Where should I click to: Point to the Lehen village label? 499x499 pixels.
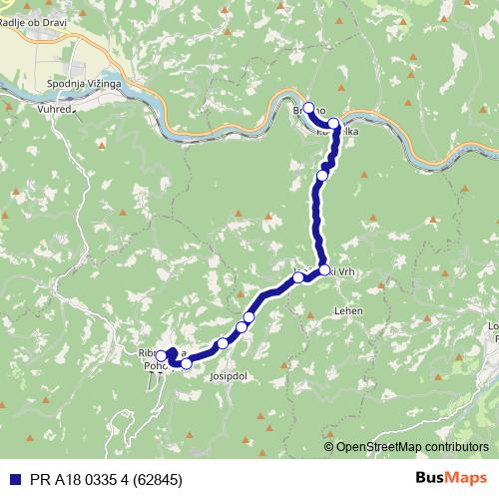[x=349, y=310]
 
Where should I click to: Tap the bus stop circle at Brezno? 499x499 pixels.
[x=308, y=108]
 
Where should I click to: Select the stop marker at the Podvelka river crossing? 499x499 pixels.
[x=333, y=124]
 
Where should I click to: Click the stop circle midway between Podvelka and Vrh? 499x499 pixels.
[x=321, y=176]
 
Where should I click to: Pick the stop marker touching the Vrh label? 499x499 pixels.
[x=325, y=269]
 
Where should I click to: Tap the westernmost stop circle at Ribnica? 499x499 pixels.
[x=161, y=355]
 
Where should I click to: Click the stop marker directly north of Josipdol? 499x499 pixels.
[x=223, y=342]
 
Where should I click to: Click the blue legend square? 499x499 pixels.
[x=12, y=477]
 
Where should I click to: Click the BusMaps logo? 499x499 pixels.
[x=451, y=477]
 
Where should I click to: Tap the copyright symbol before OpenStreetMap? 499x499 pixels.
[x=329, y=446]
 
